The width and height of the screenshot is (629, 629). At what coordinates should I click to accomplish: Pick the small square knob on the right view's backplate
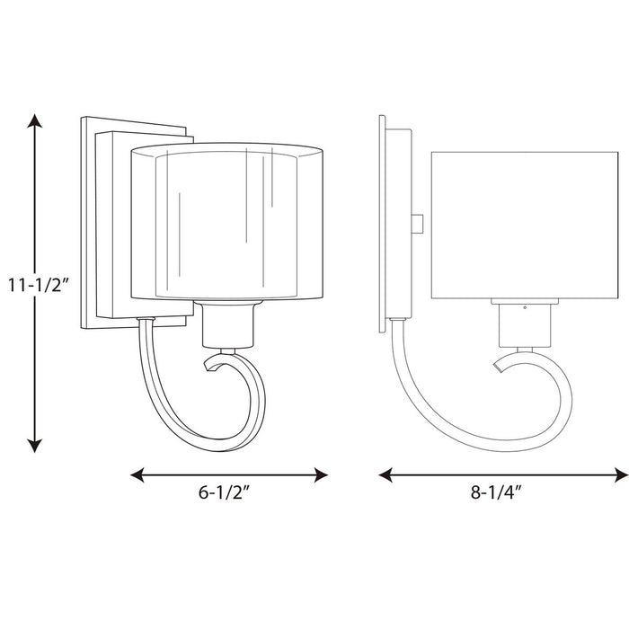[x=419, y=221]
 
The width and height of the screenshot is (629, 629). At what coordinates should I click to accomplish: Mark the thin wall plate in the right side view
[x=383, y=225]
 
